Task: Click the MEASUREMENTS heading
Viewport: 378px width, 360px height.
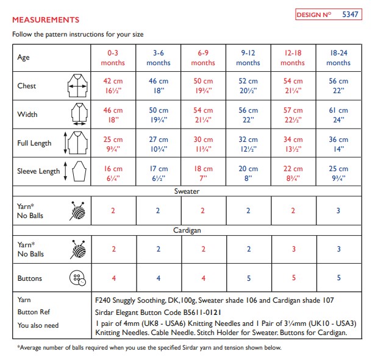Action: [46, 20]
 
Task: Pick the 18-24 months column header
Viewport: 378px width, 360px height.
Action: [338, 58]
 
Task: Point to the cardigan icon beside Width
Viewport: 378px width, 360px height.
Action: [76, 114]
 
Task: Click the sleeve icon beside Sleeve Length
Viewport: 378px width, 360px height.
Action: [75, 171]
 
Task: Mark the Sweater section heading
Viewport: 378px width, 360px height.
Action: [187, 191]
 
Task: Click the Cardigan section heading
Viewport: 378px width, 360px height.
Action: [187, 230]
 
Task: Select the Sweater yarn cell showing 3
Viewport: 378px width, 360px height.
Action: [338, 211]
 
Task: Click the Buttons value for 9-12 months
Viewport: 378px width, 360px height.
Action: [248, 278]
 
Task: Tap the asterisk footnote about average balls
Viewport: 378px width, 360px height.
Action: [149, 348]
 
